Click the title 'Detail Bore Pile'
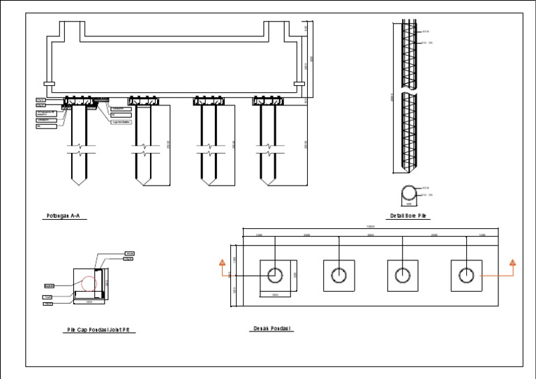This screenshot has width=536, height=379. [x=408, y=216]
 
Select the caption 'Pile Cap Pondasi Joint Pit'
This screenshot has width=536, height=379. [x=100, y=330]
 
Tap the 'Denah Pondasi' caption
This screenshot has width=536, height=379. [x=271, y=328]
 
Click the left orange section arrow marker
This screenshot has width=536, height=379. [x=221, y=263]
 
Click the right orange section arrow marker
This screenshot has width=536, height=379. [x=512, y=263]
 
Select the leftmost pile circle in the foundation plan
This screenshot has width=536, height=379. [x=275, y=275]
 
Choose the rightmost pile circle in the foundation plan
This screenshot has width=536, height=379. [x=466, y=275]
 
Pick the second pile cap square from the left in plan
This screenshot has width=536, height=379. [x=338, y=275]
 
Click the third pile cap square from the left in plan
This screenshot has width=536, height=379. [x=402, y=275]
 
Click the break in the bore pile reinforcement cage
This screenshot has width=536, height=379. [x=410, y=92]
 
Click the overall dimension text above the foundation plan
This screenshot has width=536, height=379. [x=370, y=227]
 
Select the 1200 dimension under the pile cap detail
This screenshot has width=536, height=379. [x=89, y=303]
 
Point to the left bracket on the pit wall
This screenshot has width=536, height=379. [x=49, y=84]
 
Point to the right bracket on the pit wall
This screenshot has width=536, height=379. [x=299, y=84]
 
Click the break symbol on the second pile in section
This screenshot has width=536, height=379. [x=142, y=148]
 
